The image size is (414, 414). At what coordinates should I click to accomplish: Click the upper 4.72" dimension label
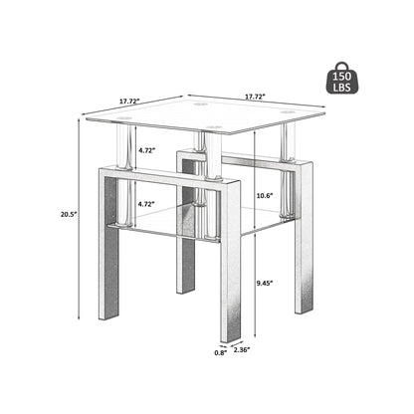[x=147, y=151]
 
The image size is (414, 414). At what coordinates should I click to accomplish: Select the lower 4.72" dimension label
[x=147, y=202]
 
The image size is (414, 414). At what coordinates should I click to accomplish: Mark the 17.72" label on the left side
[x=129, y=102]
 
